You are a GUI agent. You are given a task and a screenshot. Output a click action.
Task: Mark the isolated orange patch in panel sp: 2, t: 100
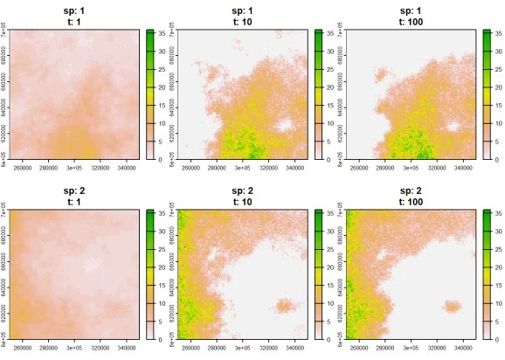tap(453, 307)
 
